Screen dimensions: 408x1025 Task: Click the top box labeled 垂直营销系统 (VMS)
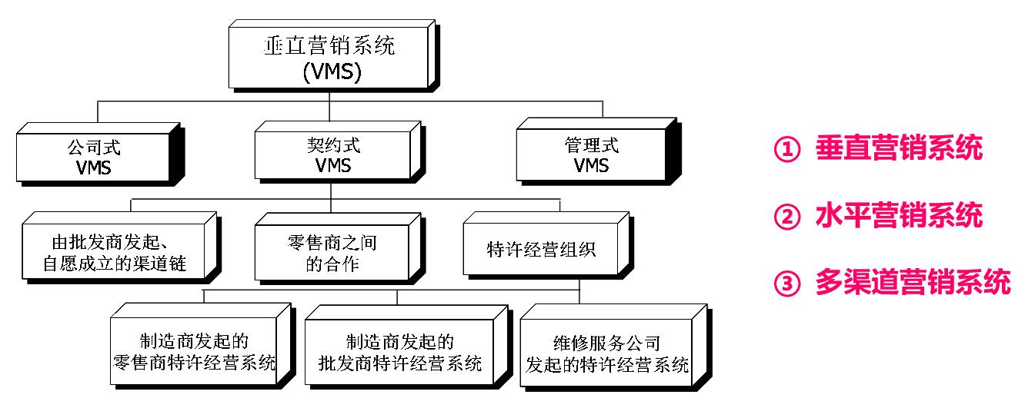click(x=331, y=58)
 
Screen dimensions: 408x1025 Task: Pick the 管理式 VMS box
click(x=590, y=155)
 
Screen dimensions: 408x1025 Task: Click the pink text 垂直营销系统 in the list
click(x=899, y=149)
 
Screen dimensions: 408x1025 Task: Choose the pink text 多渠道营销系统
click(x=913, y=284)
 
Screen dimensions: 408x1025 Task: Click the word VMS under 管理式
click(x=590, y=165)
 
